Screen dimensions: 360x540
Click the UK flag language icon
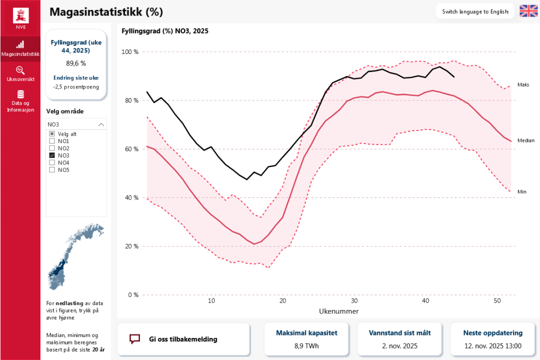tap(528, 11)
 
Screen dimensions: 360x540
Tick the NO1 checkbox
tap(52, 141)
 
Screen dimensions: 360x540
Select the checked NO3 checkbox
tap(52, 155)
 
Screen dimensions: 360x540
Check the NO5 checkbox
tap(52, 169)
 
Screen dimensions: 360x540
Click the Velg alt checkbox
tap(52, 134)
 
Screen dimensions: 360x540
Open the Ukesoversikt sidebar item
tap(20, 73)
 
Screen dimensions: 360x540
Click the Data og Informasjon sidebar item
tap(20, 100)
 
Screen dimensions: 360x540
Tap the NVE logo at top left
tap(20, 17)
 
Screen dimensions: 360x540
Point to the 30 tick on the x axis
tap(354, 301)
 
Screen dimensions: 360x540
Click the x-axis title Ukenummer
tap(338, 311)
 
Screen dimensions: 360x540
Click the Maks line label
tap(523, 85)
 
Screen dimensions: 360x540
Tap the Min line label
tap(522, 191)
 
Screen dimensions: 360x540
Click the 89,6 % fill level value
tap(76, 63)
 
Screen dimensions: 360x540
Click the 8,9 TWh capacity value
tap(306, 346)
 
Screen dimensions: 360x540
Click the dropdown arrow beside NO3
tap(101, 124)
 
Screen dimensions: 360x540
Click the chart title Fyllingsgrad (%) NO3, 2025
tap(165, 31)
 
